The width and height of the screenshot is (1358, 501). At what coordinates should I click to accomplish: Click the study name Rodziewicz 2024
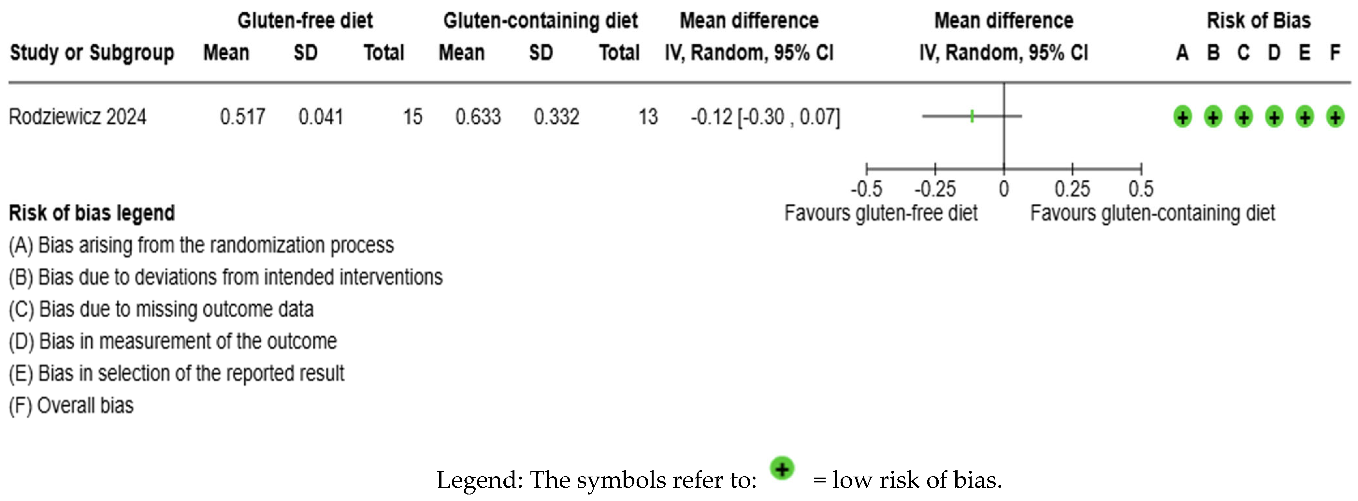click(x=78, y=117)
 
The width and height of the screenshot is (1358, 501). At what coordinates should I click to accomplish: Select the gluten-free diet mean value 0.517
click(x=242, y=117)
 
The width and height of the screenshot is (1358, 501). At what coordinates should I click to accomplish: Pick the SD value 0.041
click(x=321, y=117)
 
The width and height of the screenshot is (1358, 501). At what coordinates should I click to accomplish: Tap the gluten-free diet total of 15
click(x=413, y=117)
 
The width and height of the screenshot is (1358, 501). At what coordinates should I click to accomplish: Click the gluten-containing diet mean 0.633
click(x=478, y=117)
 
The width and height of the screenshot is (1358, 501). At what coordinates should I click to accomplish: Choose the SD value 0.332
click(x=556, y=117)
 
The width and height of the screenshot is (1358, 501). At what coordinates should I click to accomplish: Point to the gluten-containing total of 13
click(x=648, y=117)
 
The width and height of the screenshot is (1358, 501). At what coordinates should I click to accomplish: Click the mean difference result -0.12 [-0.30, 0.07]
click(x=765, y=117)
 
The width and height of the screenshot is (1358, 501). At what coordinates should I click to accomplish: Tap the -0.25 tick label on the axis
click(x=935, y=188)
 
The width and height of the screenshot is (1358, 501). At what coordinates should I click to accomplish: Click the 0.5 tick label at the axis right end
click(x=1141, y=188)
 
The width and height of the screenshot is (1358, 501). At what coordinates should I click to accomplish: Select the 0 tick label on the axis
click(x=1004, y=188)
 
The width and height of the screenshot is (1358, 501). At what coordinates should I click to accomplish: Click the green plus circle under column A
click(x=1182, y=117)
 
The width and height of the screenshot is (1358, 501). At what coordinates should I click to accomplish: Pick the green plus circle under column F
click(x=1335, y=117)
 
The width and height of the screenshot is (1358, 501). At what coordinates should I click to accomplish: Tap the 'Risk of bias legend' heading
click(x=92, y=213)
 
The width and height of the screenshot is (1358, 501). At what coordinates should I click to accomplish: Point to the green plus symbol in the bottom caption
click(x=782, y=468)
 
